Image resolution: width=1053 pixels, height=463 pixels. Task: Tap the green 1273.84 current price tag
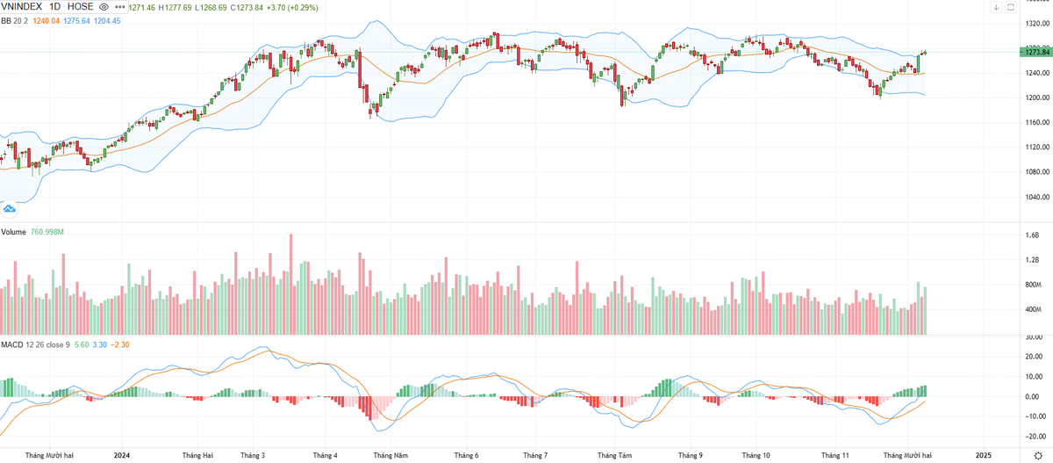pyautogui.click(x=1036, y=52)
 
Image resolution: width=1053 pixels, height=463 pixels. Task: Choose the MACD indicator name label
pyautogui.click(x=12, y=345)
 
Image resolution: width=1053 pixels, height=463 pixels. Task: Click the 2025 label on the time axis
pyautogui.click(x=984, y=455)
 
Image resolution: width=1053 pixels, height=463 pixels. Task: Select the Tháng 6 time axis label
pyautogui.click(x=466, y=455)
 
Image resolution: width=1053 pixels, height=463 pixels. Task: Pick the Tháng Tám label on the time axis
pyautogui.click(x=614, y=455)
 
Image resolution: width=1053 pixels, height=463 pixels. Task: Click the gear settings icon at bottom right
pyautogui.click(x=1038, y=455)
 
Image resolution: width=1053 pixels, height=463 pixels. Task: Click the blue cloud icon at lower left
pyautogui.click(x=10, y=209)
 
